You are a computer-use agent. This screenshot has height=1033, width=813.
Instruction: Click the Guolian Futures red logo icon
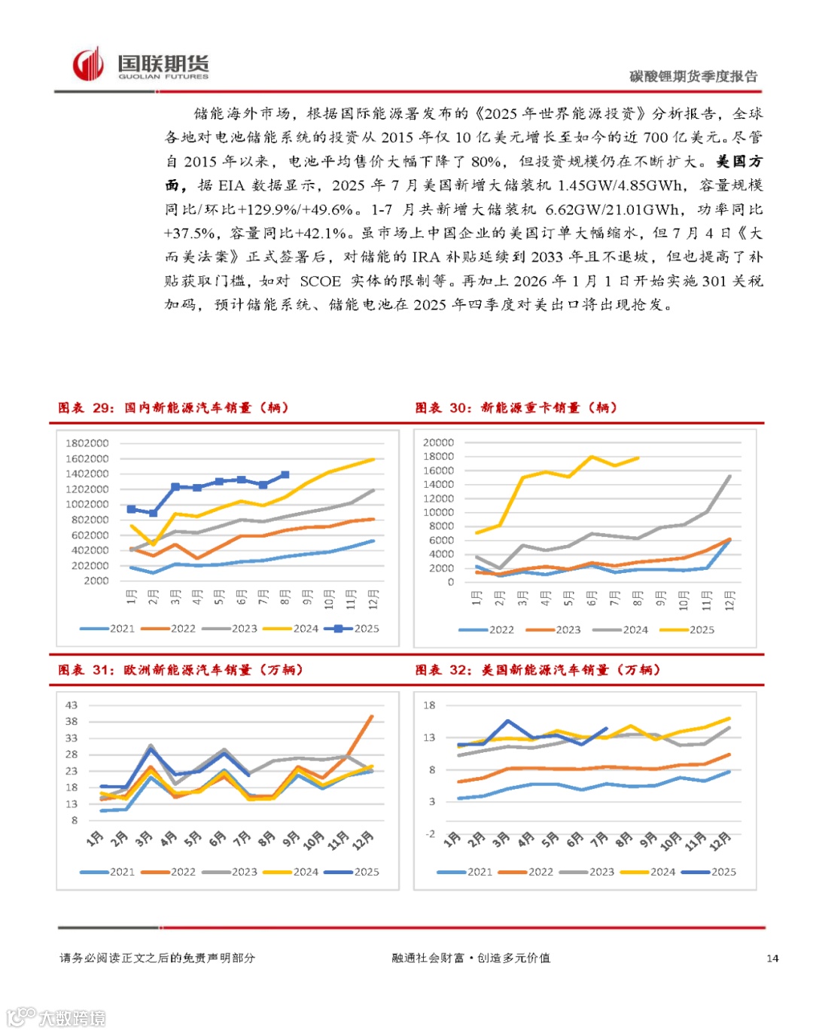[87, 65]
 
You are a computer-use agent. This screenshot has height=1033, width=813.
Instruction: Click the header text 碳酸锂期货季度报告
[693, 76]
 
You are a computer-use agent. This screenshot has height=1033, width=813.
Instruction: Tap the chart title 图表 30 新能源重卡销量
[516, 408]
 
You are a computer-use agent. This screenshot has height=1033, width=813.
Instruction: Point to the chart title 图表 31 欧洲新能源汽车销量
[181, 670]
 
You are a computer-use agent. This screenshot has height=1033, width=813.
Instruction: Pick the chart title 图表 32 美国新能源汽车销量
[537, 670]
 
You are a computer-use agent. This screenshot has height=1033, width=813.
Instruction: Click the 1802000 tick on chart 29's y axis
[87, 443]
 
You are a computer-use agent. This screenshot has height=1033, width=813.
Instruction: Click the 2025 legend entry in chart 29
[352, 629]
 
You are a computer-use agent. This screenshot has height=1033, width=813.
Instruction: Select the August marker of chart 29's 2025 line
[285, 475]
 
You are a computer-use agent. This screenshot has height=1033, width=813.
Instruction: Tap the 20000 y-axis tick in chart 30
[438, 443]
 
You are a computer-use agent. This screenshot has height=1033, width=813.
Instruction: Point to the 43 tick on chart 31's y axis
[72, 705]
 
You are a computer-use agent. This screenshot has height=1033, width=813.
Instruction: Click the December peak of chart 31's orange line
[371, 717]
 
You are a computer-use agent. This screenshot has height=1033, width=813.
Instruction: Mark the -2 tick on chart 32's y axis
[430, 834]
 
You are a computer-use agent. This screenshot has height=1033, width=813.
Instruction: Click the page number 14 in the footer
[772, 958]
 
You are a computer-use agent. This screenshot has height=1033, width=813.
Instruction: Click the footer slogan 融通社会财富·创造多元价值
[471, 958]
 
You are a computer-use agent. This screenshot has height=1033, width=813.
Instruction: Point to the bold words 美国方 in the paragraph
[738, 162]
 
